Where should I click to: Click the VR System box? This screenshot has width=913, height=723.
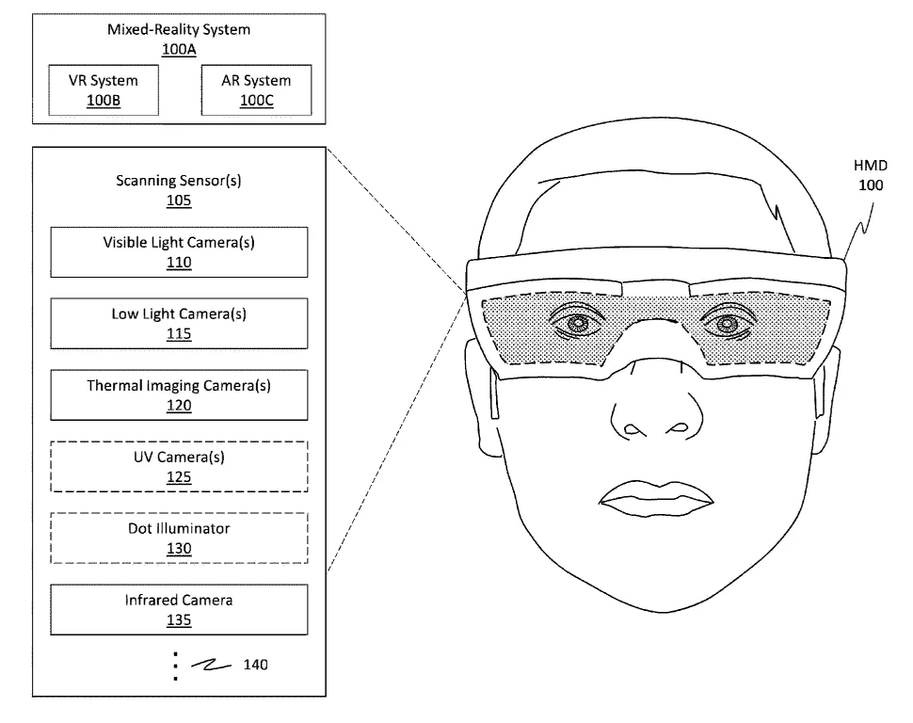(x=104, y=90)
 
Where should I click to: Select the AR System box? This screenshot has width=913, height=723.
(x=256, y=90)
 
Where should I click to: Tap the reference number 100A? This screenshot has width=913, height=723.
(x=179, y=50)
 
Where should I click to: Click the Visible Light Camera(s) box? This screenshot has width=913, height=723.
(x=179, y=252)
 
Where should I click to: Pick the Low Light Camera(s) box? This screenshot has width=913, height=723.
(x=179, y=324)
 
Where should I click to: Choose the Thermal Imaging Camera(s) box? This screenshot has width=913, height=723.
(x=179, y=395)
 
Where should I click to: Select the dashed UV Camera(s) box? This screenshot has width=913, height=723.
(x=179, y=467)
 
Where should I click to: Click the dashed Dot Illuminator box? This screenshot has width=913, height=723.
(x=179, y=538)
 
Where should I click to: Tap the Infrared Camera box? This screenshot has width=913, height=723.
(x=179, y=609)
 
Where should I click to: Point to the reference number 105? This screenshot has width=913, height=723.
(x=179, y=201)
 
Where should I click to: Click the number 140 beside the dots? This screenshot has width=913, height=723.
(x=256, y=665)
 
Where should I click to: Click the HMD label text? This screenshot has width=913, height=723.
(x=871, y=166)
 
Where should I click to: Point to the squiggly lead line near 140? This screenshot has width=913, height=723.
(x=211, y=665)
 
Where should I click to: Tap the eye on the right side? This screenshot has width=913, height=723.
(x=727, y=322)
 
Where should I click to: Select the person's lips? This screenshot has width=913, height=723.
(x=656, y=499)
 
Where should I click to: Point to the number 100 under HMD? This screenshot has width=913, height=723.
(x=871, y=185)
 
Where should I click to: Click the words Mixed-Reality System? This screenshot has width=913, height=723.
(x=179, y=30)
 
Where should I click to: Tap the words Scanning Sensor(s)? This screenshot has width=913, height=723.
(x=179, y=181)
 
